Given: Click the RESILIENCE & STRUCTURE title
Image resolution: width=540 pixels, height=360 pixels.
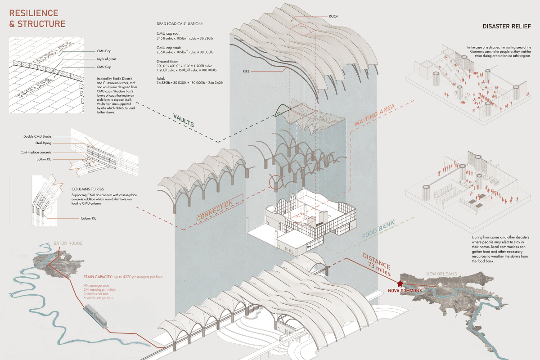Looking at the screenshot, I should [x=37, y=18].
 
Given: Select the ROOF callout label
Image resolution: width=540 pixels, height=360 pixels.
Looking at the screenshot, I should [x=333, y=16].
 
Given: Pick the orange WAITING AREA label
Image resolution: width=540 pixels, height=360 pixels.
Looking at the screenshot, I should [x=374, y=115].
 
